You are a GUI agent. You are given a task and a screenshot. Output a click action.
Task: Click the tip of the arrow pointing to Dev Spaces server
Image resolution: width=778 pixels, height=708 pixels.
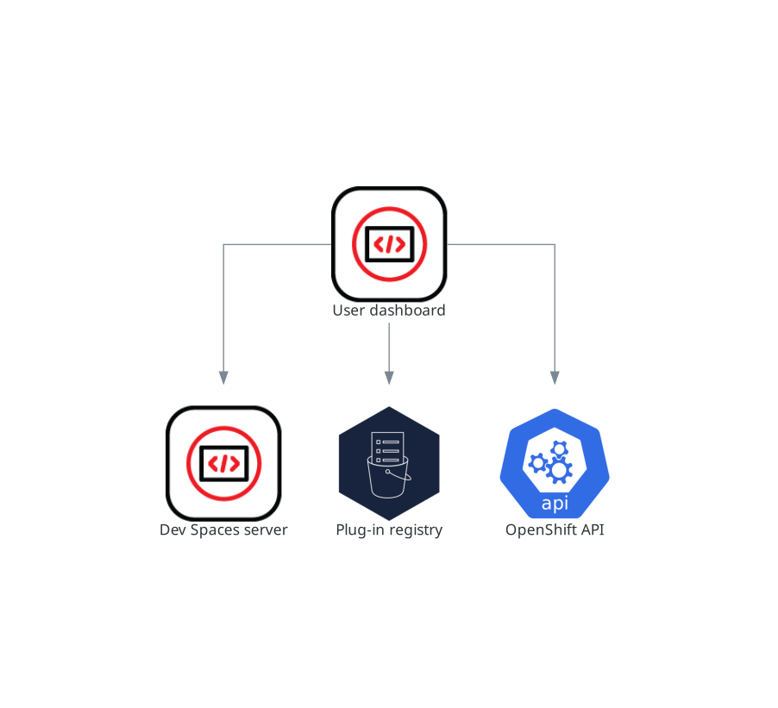tap(223, 385)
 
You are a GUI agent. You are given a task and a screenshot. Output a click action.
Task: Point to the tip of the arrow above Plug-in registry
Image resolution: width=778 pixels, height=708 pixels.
tap(390, 385)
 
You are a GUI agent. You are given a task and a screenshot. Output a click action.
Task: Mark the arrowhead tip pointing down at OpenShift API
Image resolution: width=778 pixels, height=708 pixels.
tap(555, 385)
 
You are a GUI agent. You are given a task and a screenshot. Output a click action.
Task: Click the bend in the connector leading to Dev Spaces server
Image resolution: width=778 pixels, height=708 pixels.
tap(223, 244)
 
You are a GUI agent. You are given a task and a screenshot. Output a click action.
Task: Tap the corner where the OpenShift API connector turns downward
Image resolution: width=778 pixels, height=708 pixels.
tap(555, 244)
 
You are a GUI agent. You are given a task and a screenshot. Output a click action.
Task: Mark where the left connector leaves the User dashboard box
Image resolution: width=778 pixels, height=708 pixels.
tap(331, 244)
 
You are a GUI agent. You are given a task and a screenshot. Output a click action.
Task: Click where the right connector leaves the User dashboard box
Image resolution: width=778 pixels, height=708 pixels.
tap(447, 244)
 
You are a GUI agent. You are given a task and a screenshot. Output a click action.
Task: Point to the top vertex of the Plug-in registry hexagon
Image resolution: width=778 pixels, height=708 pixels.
tap(390, 406)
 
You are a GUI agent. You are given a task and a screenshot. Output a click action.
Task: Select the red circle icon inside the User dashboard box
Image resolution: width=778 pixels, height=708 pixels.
tap(390, 244)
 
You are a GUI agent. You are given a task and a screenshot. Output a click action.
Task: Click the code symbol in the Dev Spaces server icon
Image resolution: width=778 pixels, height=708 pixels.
tap(223, 464)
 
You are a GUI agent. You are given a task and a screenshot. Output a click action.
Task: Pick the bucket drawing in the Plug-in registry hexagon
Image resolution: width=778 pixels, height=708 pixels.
tap(389, 477)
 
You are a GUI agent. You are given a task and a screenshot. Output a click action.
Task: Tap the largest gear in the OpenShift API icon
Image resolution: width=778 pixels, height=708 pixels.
tap(560, 469)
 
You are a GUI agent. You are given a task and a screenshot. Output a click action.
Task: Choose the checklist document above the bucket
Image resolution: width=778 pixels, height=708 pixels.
tap(387, 448)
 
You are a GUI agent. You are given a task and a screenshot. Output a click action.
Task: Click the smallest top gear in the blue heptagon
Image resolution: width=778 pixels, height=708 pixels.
tap(560, 449)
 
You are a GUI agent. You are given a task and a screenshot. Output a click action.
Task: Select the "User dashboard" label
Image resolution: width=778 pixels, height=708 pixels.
tap(389, 310)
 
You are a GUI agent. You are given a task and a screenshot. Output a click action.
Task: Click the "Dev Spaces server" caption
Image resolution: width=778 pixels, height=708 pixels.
tap(223, 529)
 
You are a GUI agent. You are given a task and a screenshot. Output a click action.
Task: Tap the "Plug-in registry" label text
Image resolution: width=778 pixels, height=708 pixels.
tap(389, 530)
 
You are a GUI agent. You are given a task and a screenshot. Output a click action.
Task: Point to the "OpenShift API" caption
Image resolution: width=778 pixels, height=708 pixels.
tap(555, 529)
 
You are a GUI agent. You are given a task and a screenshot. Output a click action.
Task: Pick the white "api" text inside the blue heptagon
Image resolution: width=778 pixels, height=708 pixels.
tap(555, 504)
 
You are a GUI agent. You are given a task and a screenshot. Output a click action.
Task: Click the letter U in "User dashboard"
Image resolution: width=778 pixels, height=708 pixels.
tap(337, 310)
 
